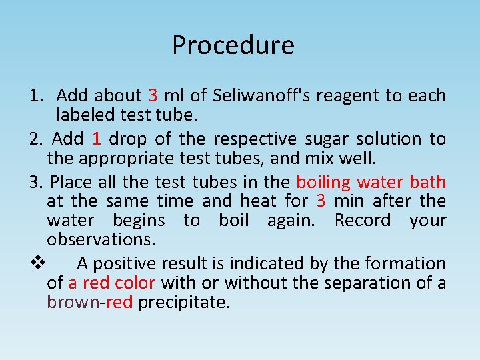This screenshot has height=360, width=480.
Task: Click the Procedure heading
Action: (x=233, y=45)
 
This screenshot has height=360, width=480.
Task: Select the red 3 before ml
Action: (x=153, y=96)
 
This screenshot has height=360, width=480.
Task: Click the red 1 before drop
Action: (x=97, y=139)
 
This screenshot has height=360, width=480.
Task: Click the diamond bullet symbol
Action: (x=37, y=263)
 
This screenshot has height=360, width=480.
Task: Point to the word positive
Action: (x=126, y=264)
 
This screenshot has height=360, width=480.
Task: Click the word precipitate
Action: (x=184, y=302)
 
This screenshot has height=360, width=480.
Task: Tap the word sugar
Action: (x=327, y=139)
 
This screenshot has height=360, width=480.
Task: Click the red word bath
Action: (x=428, y=182)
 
